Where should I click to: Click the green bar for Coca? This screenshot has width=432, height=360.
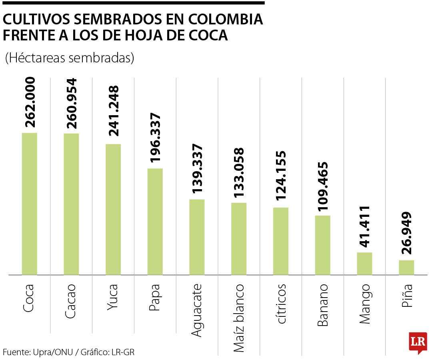(x=29, y=204)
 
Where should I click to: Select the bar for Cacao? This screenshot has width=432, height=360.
(x=71, y=204)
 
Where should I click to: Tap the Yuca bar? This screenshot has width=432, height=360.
(x=113, y=210)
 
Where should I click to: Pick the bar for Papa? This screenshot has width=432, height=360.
(x=155, y=222)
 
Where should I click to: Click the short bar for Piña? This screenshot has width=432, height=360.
(x=406, y=268)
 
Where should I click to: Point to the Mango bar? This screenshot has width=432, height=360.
(x=364, y=264)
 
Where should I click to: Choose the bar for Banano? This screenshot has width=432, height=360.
(x=322, y=245)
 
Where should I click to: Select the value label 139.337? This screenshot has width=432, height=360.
(x=197, y=168)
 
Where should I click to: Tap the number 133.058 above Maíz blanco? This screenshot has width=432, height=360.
(x=239, y=173)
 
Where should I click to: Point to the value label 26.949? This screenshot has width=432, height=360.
(x=407, y=233)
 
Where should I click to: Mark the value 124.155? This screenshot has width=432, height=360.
(x=281, y=176)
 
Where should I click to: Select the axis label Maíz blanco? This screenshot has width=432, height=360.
(x=239, y=318)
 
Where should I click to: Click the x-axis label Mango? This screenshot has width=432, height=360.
(x=364, y=304)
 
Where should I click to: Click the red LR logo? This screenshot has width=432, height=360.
(x=418, y=342)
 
